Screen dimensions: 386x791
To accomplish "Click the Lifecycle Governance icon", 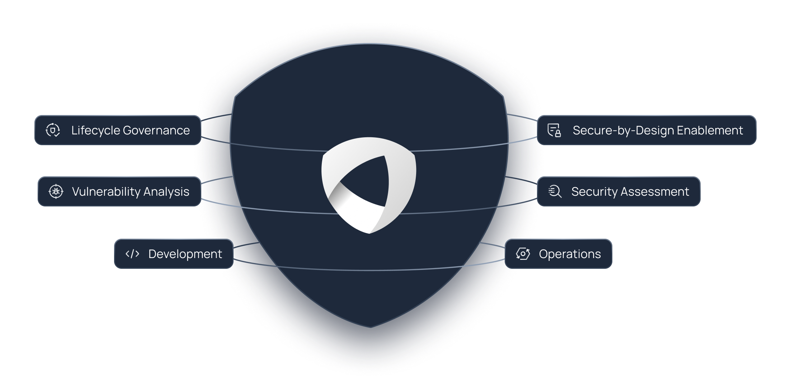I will [x=53, y=130].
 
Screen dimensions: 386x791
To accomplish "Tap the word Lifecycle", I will [x=95, y=130].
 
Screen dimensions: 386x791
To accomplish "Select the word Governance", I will [x=156, y=130].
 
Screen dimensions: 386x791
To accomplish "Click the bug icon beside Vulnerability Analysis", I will [x=56, y=191].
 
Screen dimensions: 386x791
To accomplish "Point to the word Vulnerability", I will [x=106, y=192].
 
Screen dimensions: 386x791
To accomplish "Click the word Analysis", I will [x=166, y=192].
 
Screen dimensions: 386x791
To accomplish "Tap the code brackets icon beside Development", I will [x=132, y=254].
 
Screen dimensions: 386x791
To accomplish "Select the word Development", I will [x=185, y=254].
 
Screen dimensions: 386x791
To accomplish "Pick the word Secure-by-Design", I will [x=623, y=130].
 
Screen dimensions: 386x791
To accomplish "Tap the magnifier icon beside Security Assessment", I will [x=555, y=191].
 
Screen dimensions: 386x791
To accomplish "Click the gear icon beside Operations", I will [x=523, y=254].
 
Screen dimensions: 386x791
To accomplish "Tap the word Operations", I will [x=570, y=254].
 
